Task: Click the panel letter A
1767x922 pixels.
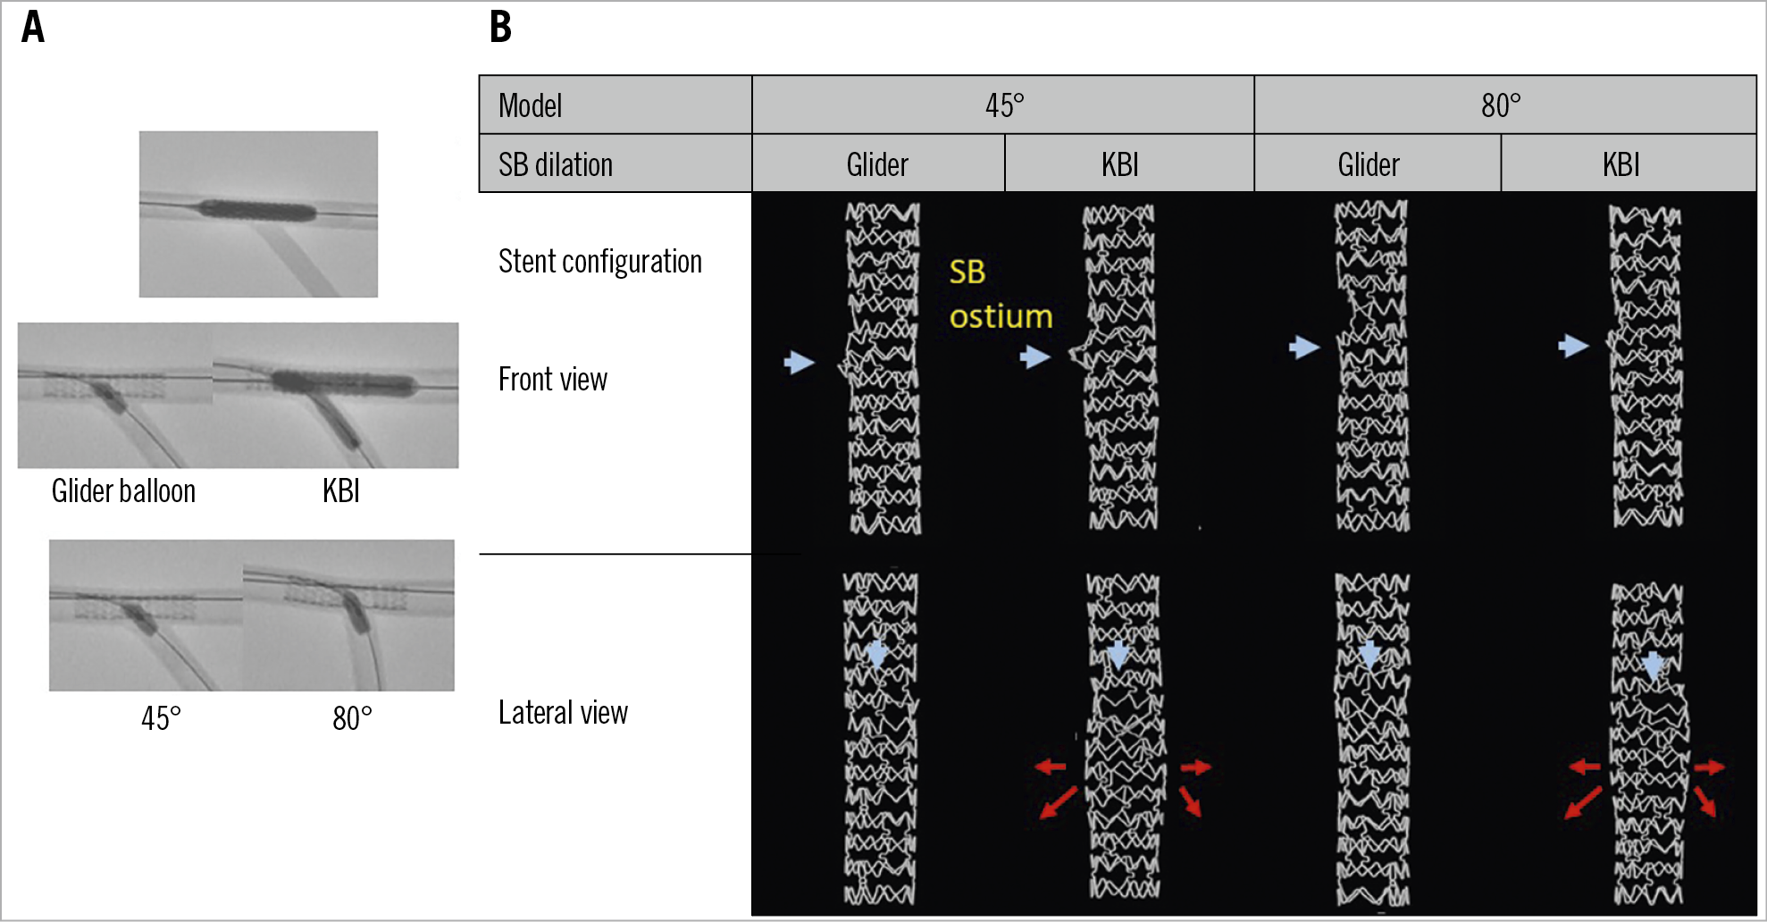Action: [x=33, y=27]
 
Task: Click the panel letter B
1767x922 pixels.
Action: [x=500, y=27]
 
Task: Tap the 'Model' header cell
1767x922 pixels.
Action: [x=530, y=105]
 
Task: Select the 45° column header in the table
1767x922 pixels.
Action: [x=1004, y=105]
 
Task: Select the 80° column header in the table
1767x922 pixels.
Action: [x=1501, y=105]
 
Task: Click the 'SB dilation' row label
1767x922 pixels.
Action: [x=556, y=164]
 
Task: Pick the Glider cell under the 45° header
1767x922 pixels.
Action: [x=877, y=164]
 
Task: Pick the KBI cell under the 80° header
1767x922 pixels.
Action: [x=1620, y=164]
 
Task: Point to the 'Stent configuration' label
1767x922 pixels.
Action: [x=600, y=262]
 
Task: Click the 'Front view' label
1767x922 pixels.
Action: [x=553, y=380]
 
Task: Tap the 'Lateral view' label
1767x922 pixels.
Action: [x=563, y=713]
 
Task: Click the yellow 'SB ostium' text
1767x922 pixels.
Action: [x=1001, y=294]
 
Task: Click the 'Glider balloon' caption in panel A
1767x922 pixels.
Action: [x=123, y=490]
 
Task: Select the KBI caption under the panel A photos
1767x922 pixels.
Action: [x=341, y=490]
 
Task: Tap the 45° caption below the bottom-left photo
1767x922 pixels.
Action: [x=161, y=717]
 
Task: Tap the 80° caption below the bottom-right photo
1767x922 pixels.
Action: [x=352, y=717]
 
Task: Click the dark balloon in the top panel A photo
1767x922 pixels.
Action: [x=257, y=213]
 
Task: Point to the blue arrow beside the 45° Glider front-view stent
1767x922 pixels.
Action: [x=800, y=362]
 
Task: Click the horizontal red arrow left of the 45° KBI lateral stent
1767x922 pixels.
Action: [x=1051, y=766]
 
